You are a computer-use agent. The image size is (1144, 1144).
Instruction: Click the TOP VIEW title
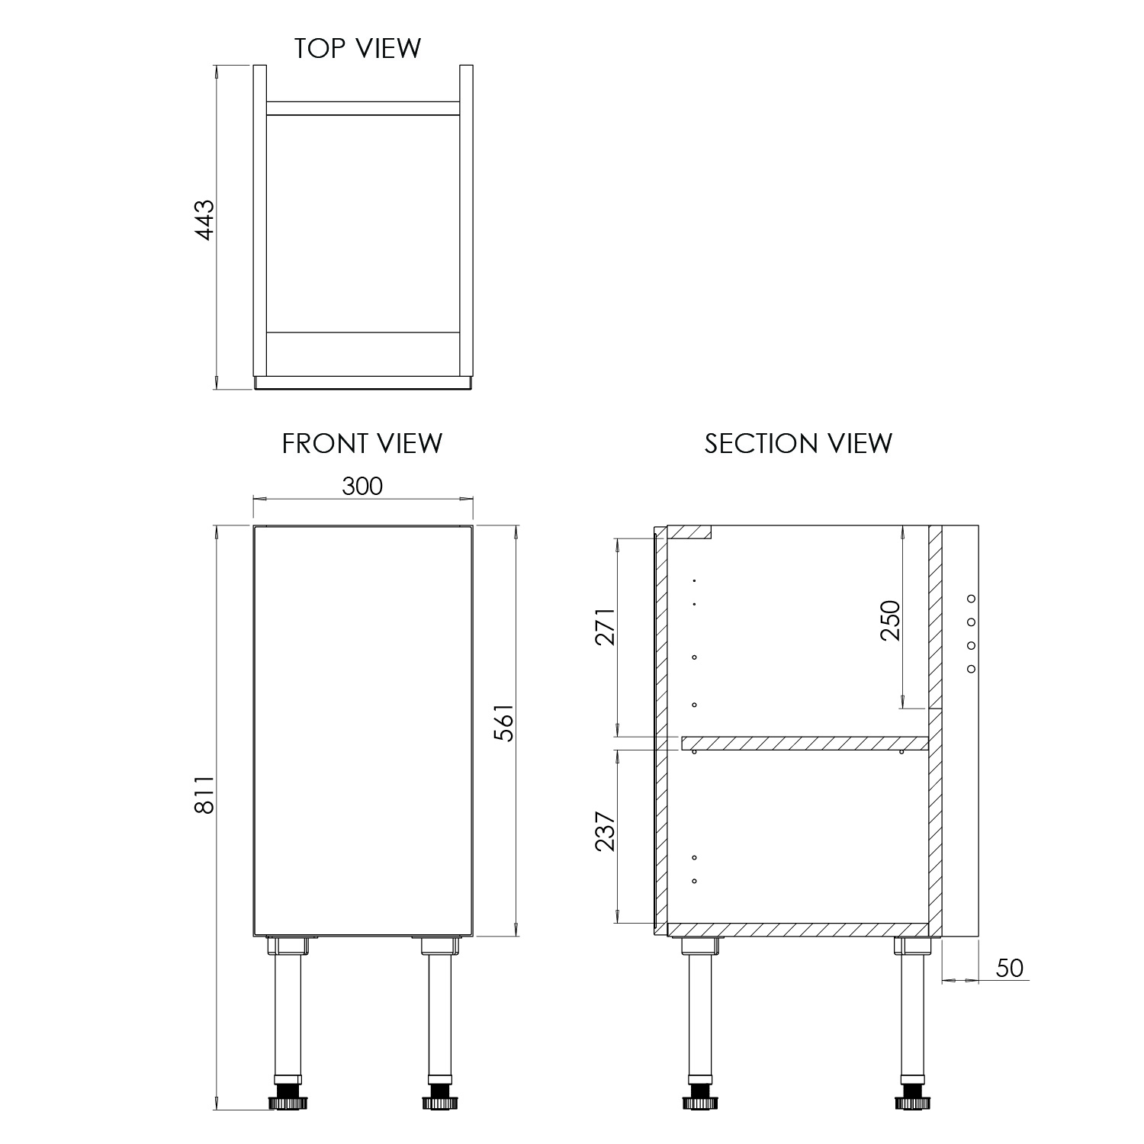(x=358, y=48)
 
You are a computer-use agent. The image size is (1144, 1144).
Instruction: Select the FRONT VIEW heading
(x=362, y=443)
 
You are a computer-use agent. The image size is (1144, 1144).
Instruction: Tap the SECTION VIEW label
(x=798, y=443)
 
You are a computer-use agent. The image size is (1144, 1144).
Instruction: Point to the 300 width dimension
(x=362, y=486)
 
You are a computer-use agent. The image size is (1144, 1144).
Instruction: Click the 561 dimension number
(x=504, y=721)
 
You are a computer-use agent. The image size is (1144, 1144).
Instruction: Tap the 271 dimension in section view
(x=605, y=626)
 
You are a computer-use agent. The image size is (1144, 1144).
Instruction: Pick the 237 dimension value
(x=605, y=831)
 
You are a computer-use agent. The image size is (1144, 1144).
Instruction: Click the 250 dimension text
(x=891, y=620)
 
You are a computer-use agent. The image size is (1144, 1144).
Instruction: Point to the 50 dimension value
(x=1009, y=968)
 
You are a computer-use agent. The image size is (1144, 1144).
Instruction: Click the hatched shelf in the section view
(x=805, y=743)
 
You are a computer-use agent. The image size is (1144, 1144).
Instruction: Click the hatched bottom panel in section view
(x=797, y=929)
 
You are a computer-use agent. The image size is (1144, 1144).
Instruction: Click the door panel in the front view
(x=363, y=729)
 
